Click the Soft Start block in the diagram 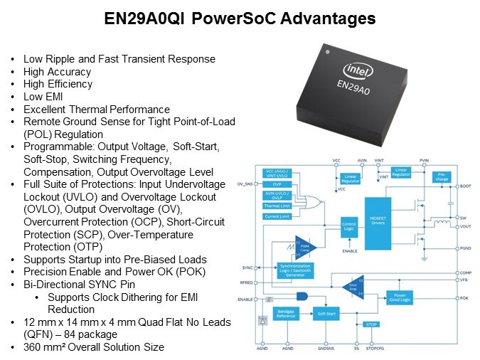pos(326,313)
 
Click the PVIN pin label pos(425,162)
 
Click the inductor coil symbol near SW pos(443,225)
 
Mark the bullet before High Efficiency pos(15,84)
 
